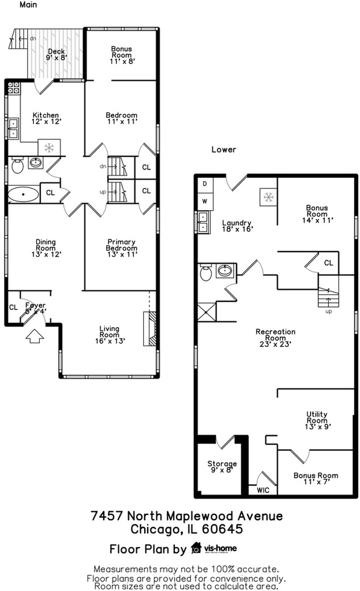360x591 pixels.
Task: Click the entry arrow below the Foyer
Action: [x=34, y=336]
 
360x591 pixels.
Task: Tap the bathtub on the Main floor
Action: [x=23, y=194]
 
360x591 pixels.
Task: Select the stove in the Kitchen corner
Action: [x=13, y=88]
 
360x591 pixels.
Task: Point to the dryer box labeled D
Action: [x=205, y=184]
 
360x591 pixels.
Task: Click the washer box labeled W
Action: [x=205, y=201]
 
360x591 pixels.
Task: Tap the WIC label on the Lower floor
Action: [x=263, y=490]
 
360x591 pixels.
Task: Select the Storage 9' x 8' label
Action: [x=222, y=466]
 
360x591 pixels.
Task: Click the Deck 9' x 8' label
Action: [x=57, y=54]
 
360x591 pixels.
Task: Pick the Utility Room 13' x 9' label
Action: [x=317, y=420]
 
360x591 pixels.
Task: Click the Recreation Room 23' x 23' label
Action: [x=275, y=338]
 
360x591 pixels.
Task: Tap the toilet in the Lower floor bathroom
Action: [x=205, y=273]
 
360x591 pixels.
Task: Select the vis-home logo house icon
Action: [x=196, y=548]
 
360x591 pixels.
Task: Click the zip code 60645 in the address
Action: [x=223, y=529]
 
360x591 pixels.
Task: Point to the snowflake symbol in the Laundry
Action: [x=268, y=197]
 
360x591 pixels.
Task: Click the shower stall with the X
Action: [x=207, y=312]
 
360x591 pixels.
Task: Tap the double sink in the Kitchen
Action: [x=13, y=128]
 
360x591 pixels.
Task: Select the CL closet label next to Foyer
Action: [x=13, y=307]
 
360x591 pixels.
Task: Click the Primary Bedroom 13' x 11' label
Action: [x=122, y=248]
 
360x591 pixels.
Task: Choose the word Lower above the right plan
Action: [x=224, y=149]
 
